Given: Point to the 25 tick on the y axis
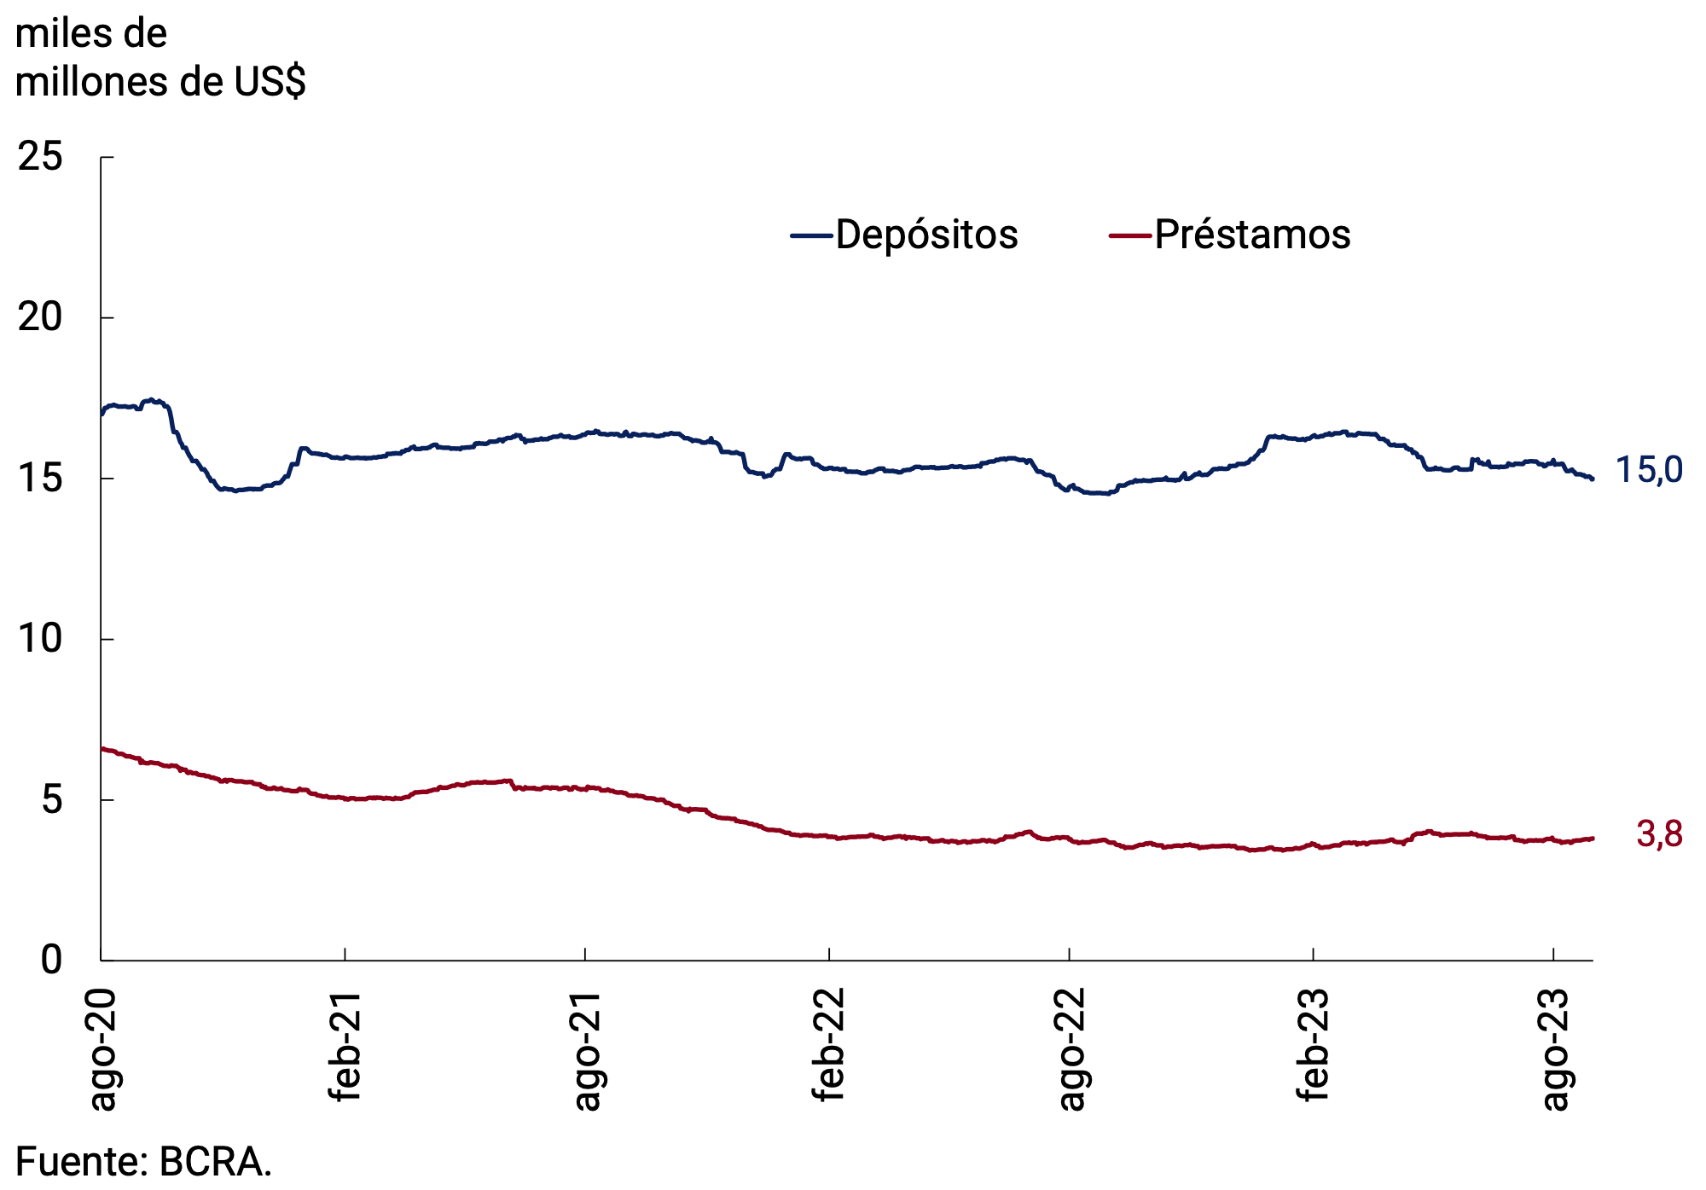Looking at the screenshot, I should [x=40, y=157].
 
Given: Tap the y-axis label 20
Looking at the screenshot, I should [x=40, y=317].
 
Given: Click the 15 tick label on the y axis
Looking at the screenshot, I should [x=40, y=479].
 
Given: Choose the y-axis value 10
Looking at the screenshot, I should [x=40, y=639].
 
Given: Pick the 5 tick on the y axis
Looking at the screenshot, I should [x=52, y=800].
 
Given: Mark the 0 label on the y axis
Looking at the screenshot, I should [x=52, y=961].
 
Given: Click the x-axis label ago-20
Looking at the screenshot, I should [x=102, y=1050].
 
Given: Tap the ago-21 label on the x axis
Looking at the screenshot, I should [x=586, y=1050].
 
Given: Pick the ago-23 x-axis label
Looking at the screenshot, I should [x=1554, y=1050].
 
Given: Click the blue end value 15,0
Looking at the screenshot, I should [x=1649, y=471].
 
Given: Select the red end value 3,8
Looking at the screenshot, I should [x=1659, y=834].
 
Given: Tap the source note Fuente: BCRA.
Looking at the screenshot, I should [x=143, y=1162].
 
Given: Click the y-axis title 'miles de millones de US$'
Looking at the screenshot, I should [x=160, y=58].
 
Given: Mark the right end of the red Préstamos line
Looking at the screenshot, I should [x=1592, y=839].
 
